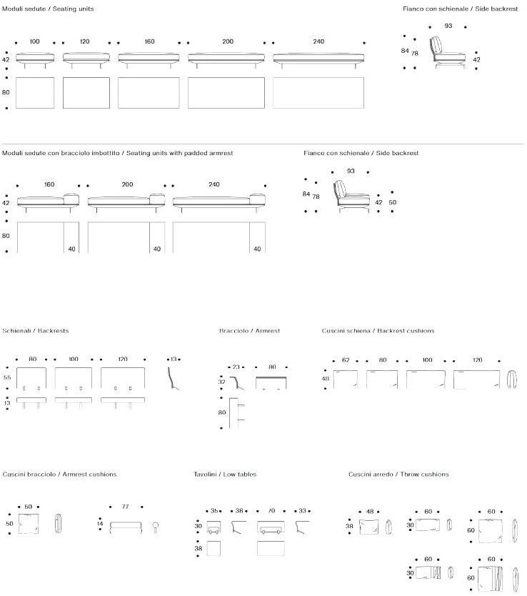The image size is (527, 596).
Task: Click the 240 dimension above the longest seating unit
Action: [x=318, y=41]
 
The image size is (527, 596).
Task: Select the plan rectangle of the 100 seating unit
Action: [x=35, y=93]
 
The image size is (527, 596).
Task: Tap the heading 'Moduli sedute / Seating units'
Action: [x=48, y=9]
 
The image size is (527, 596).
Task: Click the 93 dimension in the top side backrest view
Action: [x=448, y=26]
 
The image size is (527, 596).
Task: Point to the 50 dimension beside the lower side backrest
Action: [x=392, y=202]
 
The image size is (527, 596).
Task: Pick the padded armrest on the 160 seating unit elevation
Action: [x=71, y=198]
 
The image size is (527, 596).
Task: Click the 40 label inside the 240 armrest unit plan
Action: [x=257, y=249]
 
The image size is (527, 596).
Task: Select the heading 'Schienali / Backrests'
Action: [x=36, y=331]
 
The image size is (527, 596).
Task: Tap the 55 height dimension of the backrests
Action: [x=7, y=377]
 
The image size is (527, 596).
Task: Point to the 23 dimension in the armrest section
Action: [x=236, y=367]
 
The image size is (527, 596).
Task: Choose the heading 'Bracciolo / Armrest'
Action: [x=249, y=331]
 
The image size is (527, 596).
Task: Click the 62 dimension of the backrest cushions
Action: [x=346, y=359]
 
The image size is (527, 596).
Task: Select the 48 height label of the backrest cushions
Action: [x=326, y=379]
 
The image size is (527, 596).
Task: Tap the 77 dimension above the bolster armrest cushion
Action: [x=125, y=506]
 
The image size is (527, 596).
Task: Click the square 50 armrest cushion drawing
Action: [x=29, y=525]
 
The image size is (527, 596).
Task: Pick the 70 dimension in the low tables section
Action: [x=271, y=510]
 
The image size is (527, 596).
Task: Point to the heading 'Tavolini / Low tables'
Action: [x=225, y=474]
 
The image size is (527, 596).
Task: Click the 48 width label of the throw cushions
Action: [x=370, y=511]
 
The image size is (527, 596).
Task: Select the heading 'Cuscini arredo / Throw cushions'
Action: [x=398, y=474]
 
